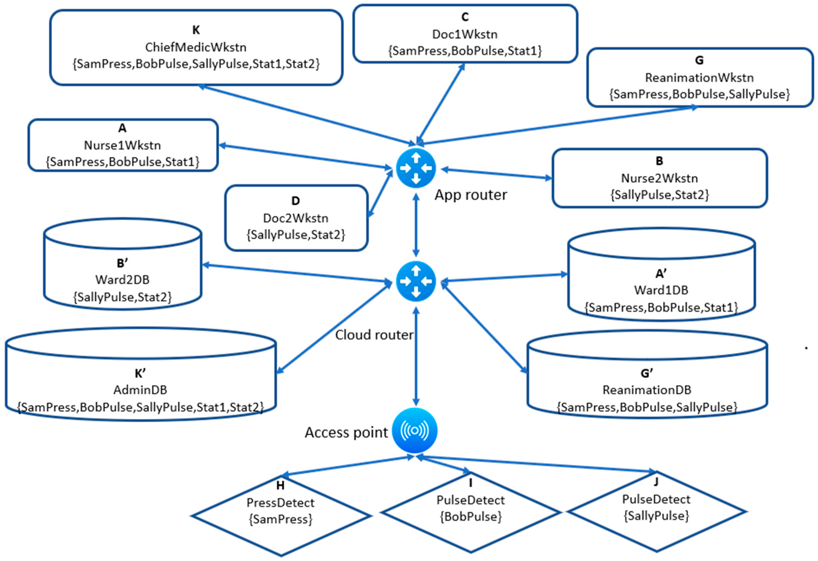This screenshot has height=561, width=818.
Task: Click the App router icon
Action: point(416,168)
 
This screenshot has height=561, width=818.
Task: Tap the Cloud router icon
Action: point(416,281)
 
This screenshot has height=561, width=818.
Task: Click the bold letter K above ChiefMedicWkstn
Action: point(196,30)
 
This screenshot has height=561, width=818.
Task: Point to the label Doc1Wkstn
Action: point(464,34)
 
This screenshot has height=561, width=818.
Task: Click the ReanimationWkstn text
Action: point(699,77)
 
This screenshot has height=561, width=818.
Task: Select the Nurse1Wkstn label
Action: point(122,145)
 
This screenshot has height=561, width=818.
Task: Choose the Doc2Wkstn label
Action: point(296,218)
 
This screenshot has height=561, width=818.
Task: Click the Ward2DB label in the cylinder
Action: point(122,280)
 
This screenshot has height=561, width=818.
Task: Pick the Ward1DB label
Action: point(661,290)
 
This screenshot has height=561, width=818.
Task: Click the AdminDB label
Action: point(140,390)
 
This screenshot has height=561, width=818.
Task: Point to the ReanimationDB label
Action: point(647,390)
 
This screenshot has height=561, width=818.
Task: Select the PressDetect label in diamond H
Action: point(280,503)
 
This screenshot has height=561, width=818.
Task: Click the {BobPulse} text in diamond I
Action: point(471,517)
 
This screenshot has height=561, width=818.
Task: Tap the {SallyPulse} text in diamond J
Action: point(656,516)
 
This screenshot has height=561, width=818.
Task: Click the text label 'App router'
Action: point(471,195)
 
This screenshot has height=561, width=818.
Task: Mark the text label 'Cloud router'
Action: point(374,335)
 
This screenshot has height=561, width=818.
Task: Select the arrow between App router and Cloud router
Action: point(416,225)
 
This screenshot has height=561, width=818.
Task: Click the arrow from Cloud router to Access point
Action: point(416,355)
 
